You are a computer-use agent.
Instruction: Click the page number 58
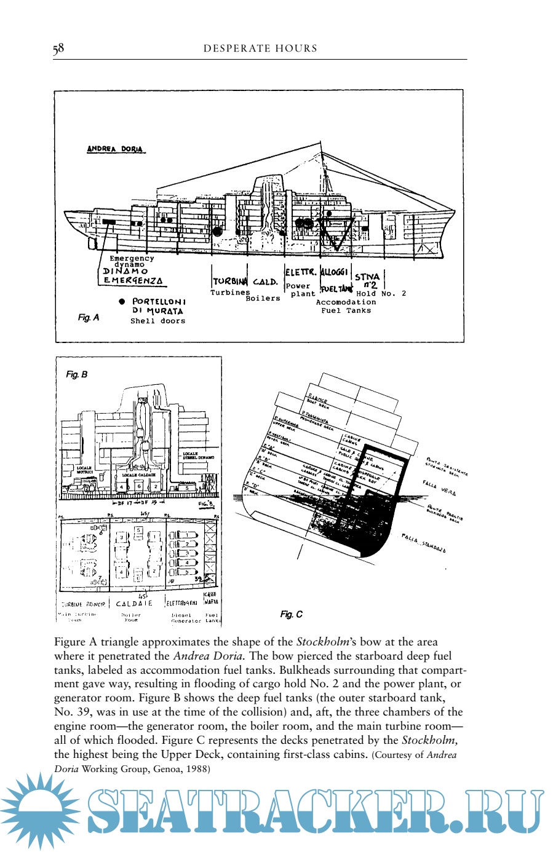pyautogui.click(x=58, y=49)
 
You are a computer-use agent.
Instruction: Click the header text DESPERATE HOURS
pyautogui.click(x=260, y=49)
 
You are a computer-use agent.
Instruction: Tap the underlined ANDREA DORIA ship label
pyautogui.click(x=115, y=149)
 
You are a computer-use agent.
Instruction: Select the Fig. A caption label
pyautogui.click(x=88, y=318)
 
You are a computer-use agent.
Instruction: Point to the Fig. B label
pyautogui.click(x=76, y=374)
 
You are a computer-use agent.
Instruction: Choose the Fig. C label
pyautogui.click(x=291, y=614)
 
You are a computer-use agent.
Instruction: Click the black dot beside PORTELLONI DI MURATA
pyautogui.click(x=121, y=302)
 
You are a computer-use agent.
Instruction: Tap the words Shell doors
pyautogui.click(x=157, y=321)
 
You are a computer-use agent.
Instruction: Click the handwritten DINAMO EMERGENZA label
pyautogui.click(x=133, y=275)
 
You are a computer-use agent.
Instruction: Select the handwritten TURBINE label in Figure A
pyautogui.click(x=230, y=282)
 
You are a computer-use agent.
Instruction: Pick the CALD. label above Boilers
pyautogui.click(x=265, y=282)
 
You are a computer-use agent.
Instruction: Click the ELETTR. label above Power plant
pyautogui.click(x=301, y=272)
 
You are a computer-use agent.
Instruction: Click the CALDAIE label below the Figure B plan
pyautogui.click(x=134, y=604)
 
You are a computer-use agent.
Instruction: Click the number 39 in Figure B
pyautogui.click(x=197, y=579)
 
